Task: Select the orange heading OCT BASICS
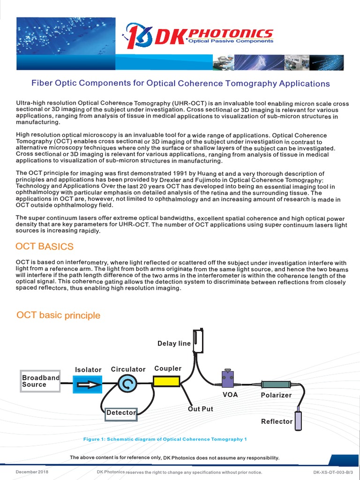45,247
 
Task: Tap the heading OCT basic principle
58,315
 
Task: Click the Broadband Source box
40,381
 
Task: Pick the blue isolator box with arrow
88,385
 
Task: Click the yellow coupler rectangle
167,382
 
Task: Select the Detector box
121,413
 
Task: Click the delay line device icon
199,340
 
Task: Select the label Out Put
201,409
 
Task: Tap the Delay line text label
174,344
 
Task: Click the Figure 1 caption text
165,439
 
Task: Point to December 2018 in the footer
32,472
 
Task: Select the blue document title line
180,83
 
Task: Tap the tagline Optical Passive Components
237,41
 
